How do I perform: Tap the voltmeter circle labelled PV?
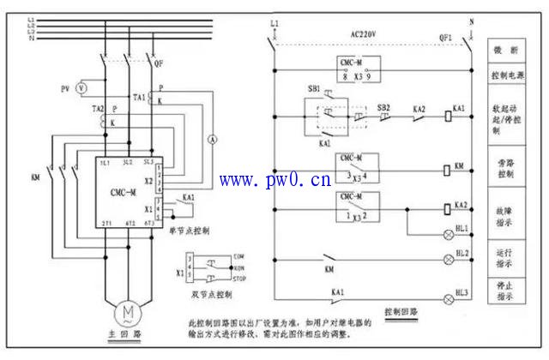coord(81,88)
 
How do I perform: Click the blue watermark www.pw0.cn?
coord(275,180)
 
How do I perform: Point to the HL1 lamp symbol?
coord(448,232)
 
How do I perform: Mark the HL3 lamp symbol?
coord(448,297)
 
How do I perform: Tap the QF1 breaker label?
coord(446,38)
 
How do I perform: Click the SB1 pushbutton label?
coord(314,89)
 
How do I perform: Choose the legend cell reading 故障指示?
coord(506,215)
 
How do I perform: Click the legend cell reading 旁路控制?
coord(506,167)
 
